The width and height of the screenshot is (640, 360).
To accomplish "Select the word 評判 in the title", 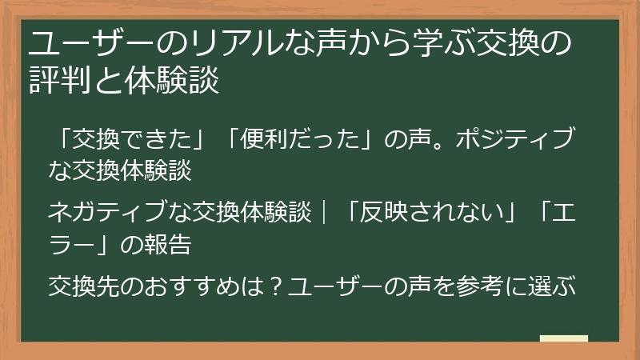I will pos(57,81).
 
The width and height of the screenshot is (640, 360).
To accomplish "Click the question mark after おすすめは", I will pos(272,285).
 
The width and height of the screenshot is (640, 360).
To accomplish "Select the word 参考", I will pos(481,285).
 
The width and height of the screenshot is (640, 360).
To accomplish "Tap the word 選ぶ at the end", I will pos(557,285).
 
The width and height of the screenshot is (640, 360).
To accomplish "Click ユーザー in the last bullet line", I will pos(327,285).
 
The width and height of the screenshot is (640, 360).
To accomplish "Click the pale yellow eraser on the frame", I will pos(564,339).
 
